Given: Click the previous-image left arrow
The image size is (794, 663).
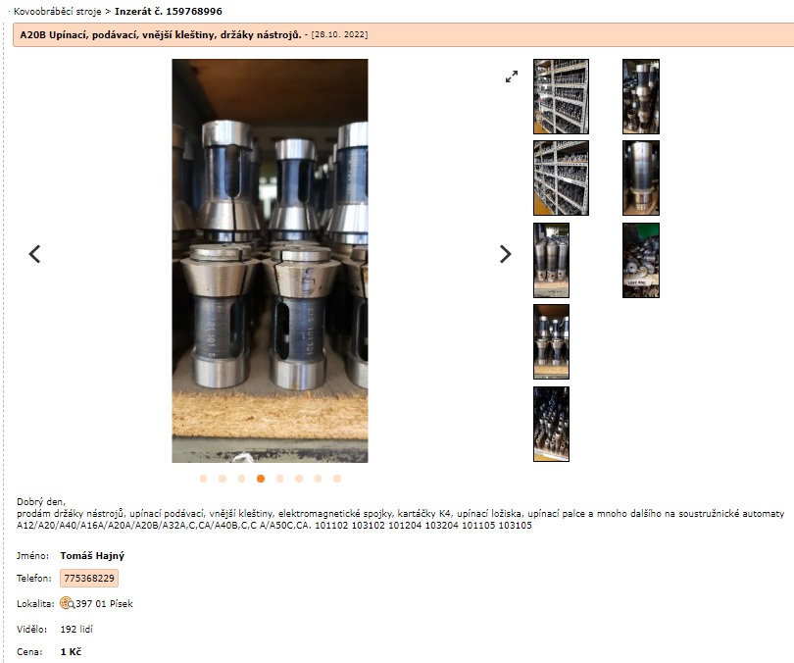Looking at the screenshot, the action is (x=34, y=254).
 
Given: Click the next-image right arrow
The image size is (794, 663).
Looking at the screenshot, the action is (x=506, y=254).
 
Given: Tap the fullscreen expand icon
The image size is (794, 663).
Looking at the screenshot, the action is (x=512, y=76).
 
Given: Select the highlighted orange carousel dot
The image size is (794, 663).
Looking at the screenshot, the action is (x=261, y=479).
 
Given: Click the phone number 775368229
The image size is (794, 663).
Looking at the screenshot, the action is (x=89, y=578).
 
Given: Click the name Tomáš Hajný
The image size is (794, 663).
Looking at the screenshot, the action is (x=92, y=556).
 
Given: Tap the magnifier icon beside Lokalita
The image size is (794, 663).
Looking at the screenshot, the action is (x=67, y=603).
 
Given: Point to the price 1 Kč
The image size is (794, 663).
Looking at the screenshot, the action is (x=71, y=652).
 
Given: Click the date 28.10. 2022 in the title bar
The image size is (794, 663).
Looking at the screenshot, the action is (x=340, y=34).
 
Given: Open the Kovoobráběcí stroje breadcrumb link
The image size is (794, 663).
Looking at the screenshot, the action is (x=57, y=11).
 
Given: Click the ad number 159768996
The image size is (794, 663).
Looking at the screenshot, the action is (x=194, y=11).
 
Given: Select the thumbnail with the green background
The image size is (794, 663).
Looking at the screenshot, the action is (x=641, y=260).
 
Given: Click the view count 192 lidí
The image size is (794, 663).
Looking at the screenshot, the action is (x=76, y=629).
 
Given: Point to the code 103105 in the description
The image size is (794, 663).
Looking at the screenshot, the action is (x=515, y=526).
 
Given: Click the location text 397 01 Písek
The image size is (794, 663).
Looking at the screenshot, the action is (x=104, y=604).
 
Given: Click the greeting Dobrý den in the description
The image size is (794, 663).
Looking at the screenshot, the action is (x=41, y=502).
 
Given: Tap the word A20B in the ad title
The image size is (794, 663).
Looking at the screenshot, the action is (x=33, y=34).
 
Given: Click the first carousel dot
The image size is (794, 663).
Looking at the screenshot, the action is (x=204, y=479).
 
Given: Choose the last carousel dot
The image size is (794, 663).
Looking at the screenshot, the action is (x=337, y=479).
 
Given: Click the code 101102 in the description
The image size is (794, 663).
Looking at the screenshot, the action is (x=331, y=526).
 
